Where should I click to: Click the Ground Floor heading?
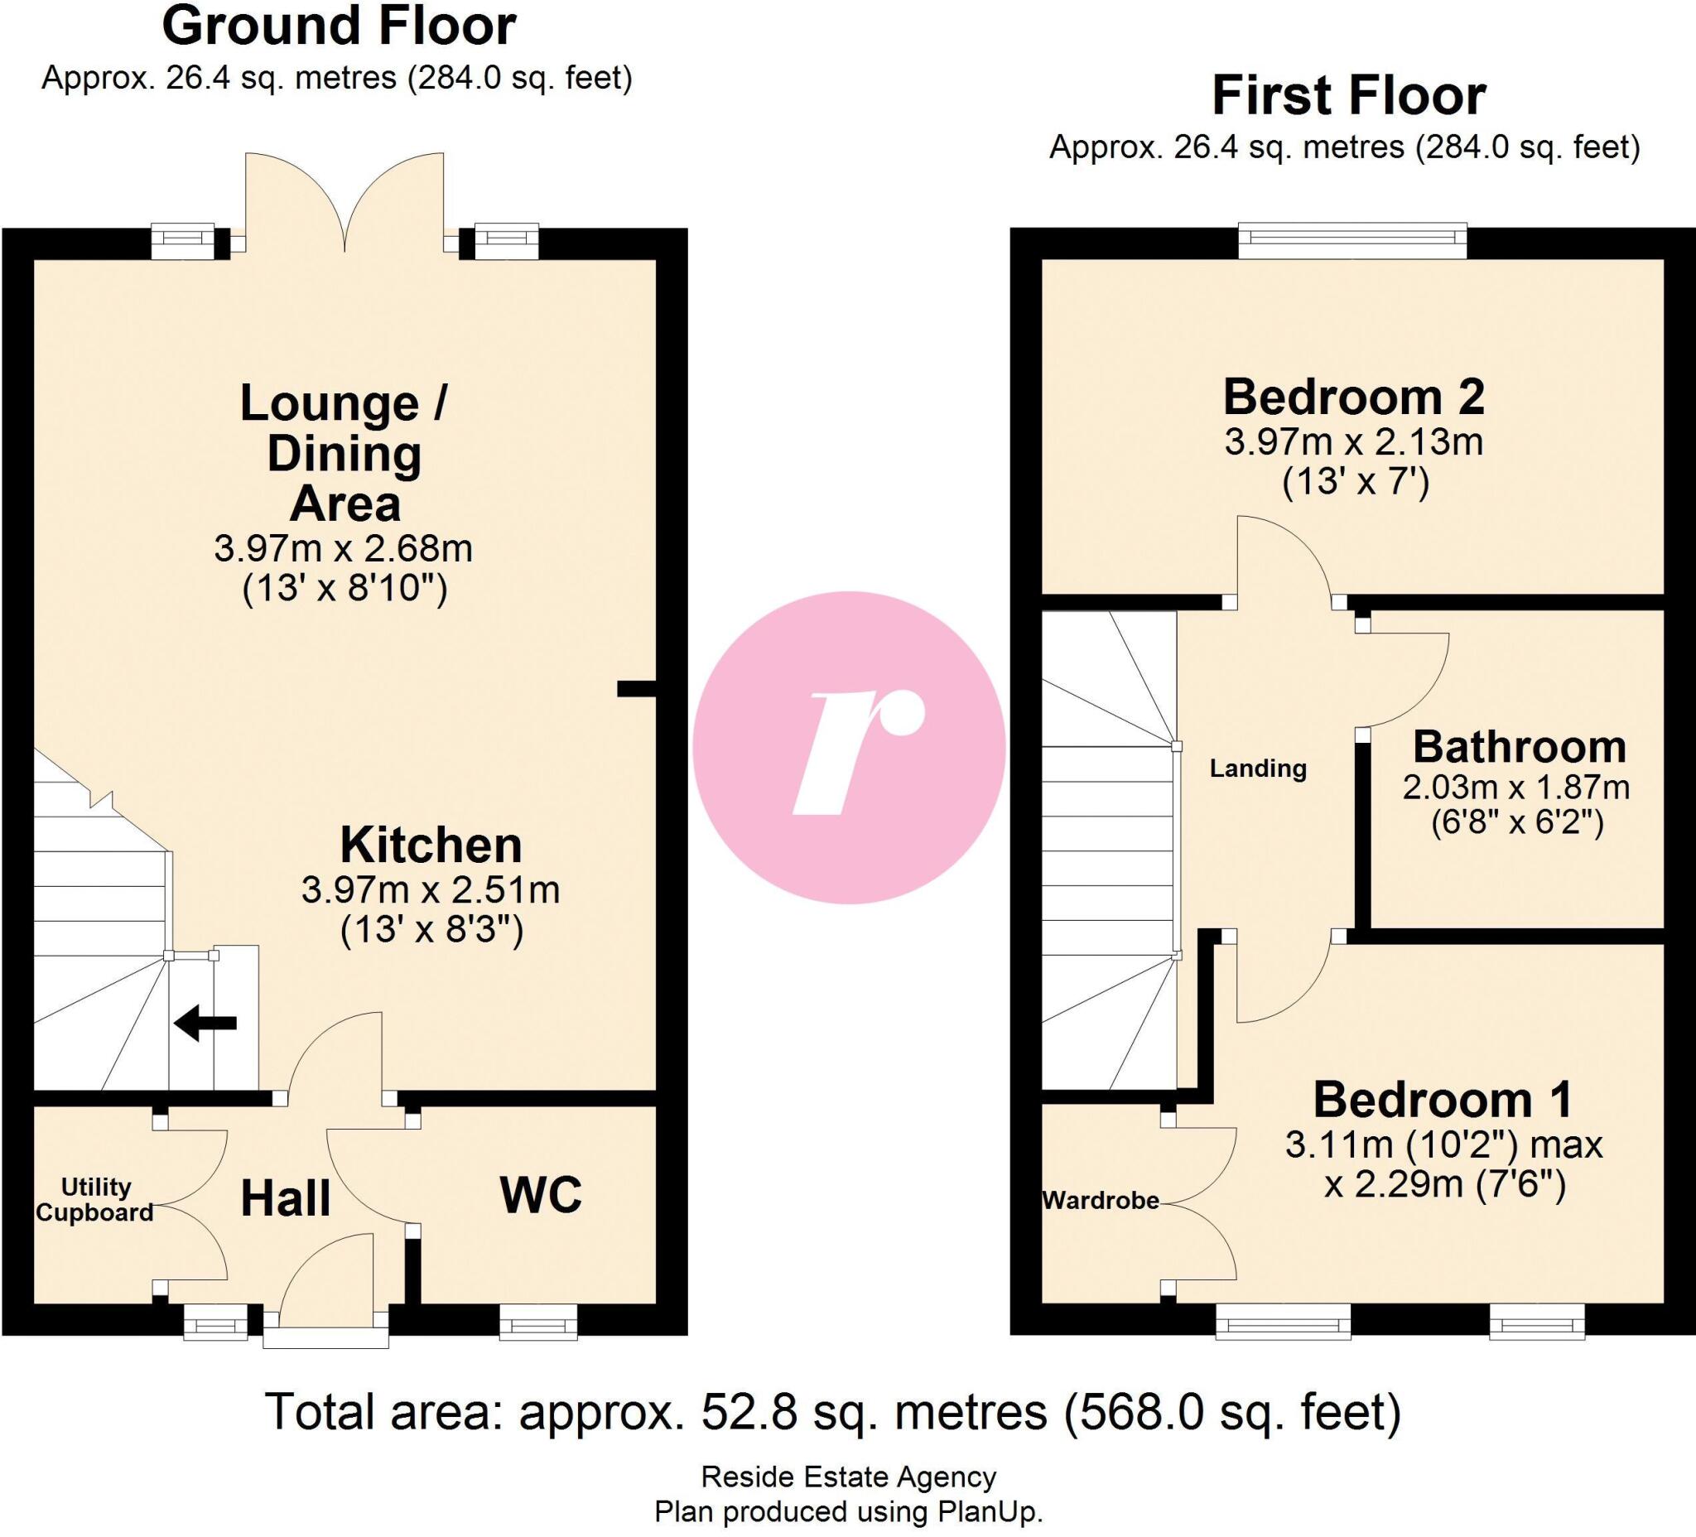[x=338, y=27]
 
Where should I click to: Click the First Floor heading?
[x=1348, y=96]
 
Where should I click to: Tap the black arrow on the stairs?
[x=206, y=1024]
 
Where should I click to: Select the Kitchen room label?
[x=431, y=846]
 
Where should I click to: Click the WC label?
[x=540, y=1195]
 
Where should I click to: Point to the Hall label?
[x=285, y=1199]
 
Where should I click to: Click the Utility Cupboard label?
[x=94, y=1200]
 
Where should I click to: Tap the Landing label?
[x=1258, y=768]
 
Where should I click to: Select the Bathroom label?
[x=1519, y=747]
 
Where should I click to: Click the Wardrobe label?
[x=1101, y=1201]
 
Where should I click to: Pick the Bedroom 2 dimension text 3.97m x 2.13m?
[x=1353, y=442]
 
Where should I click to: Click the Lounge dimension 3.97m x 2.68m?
[x=343, y=549]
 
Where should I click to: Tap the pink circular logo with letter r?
[x=848, y=748]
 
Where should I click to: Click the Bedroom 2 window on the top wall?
[x=1352, y=242]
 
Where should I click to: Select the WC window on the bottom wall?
[x=538, y=1323]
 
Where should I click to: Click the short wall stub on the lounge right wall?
[x=636, y=689]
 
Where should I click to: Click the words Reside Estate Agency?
[x=848, y=1477]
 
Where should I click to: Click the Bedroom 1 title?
[x=1442, y=1100]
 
